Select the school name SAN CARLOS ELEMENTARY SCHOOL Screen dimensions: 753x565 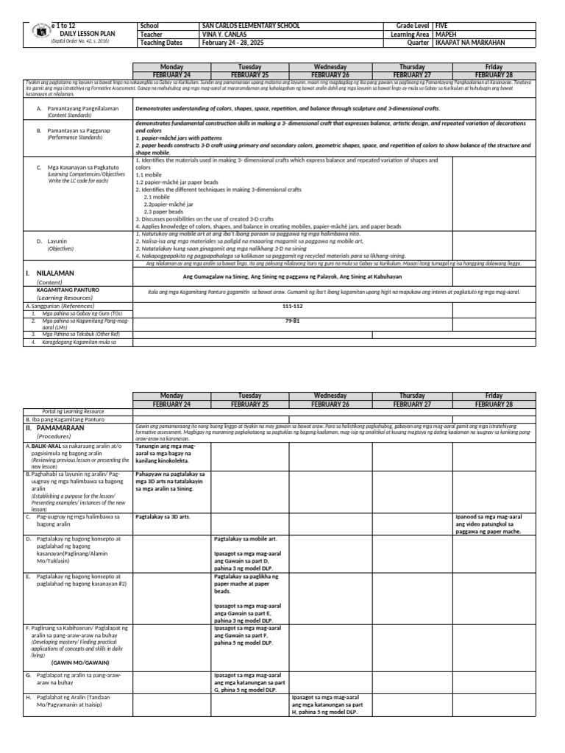(x=251, y=25)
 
